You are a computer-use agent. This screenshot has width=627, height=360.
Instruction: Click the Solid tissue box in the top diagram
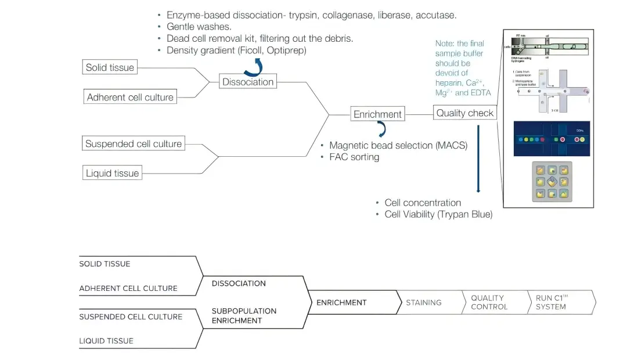pyautogui.click(x=110, y=67)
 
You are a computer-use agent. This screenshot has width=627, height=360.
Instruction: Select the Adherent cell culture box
pyautogui.click(x=130, y=97)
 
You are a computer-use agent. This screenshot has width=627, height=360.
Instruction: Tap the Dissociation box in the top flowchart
pyautogui.click(x=248, y=82)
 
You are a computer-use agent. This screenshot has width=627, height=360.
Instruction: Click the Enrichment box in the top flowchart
pyautogui.click(x=377, y=114)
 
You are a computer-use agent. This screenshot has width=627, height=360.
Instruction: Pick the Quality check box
pyautogui.click(x=464, y=113)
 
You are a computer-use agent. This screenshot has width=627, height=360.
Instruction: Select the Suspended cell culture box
pyautogui.click(x=134, y=143)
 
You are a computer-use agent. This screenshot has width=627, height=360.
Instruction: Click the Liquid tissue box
pyautogui.click(x=112, y=173)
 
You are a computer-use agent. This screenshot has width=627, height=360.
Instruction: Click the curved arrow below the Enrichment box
pyautogui.click(x=381, y=128)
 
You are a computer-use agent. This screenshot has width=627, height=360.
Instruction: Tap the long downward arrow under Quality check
pyautogui.click(x=478, y=157)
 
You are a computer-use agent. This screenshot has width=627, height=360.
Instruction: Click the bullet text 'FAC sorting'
pyautogui.click(x=354, y=157)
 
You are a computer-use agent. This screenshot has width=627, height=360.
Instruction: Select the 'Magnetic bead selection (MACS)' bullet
pyautogui.click(x=398, y=145)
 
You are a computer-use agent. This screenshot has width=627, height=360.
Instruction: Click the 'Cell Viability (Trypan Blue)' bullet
pyautogui.click(x=438, y=214)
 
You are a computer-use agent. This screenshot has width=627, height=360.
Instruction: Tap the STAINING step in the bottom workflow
pyautogui.click(x=424, y=303)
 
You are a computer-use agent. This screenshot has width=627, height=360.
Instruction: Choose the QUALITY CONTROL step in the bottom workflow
pyautogui.click(x=489, y=303)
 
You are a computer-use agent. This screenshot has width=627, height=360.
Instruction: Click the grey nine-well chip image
pyautogui.click(x=552, y=182)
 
